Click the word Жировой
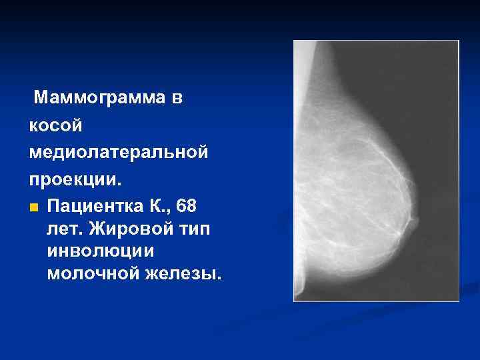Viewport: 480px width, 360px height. coord(125,229)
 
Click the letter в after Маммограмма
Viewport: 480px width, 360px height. coord(175,99)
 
